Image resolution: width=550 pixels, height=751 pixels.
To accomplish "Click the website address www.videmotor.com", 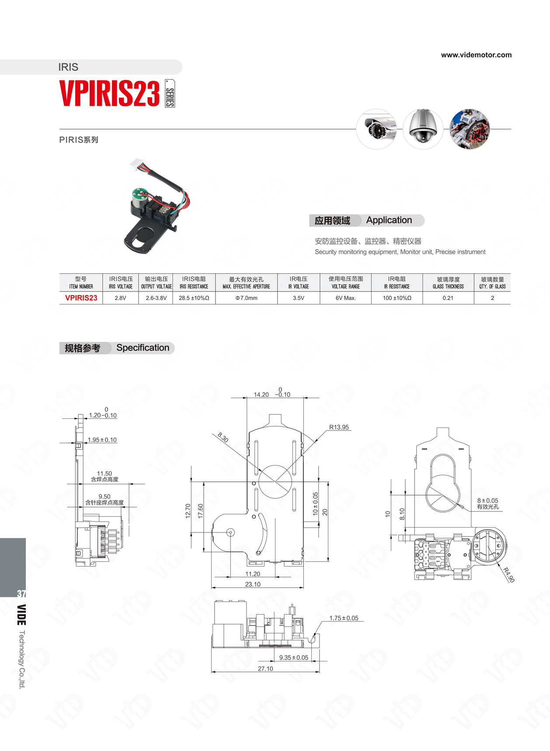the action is point(476,55).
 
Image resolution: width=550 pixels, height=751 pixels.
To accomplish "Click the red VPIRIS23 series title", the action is point(109,94).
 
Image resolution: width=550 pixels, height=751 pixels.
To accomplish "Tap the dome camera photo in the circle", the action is point(423,129).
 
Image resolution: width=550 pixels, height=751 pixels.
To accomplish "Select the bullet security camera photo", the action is point(376,129).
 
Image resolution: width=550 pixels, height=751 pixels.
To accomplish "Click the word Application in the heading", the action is point(389,220).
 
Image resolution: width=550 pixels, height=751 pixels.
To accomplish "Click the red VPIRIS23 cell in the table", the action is point(81,298).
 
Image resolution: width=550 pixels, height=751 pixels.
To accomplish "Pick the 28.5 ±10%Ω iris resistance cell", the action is point(194,298).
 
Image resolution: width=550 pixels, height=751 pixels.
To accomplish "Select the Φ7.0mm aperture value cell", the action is point(247,298).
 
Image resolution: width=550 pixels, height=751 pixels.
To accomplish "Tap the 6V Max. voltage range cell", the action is point(346,298).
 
